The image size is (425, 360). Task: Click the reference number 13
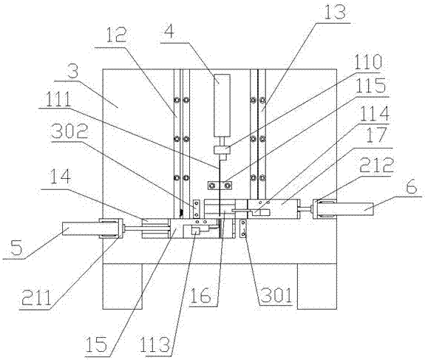tap(335, 13)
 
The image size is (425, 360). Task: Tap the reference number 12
tap(116, 35)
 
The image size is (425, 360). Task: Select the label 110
tap(366, 61)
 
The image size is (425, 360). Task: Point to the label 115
tap(371, 85)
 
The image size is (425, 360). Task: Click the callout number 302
tap(70, 131)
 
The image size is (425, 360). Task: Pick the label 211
tap(36, 297)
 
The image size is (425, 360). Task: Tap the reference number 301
tap(276, 295)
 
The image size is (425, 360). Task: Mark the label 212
tap(376, 164)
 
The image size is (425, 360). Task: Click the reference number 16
tap(200, 295)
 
